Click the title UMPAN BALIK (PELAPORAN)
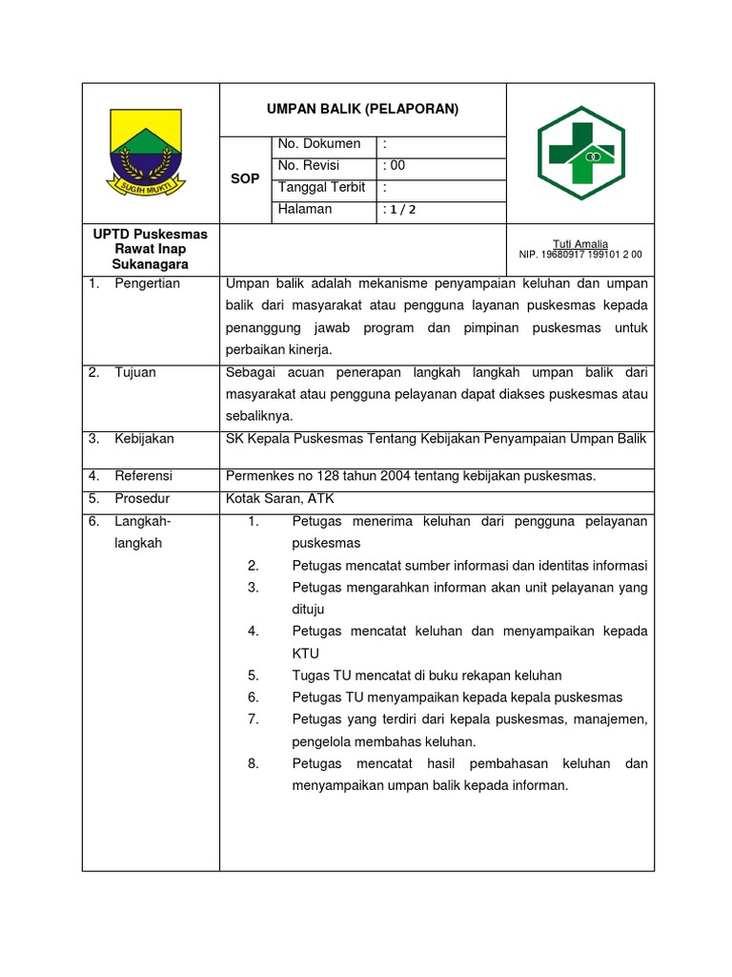point(362,110)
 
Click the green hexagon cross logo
point(580,154)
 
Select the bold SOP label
point(245,179)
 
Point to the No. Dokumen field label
point(319,144)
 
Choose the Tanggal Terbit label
point(322,188)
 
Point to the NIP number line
point(580,256)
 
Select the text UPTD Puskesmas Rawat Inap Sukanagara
point(150,249)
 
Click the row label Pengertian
point(147,284)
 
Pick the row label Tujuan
point(135,373)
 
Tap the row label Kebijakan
point(144,439)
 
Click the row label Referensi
point(144,475)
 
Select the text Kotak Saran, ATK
point(279,498)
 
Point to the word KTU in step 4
point(305,654)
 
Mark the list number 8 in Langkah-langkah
point(254,764)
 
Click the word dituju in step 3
point(309,609)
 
